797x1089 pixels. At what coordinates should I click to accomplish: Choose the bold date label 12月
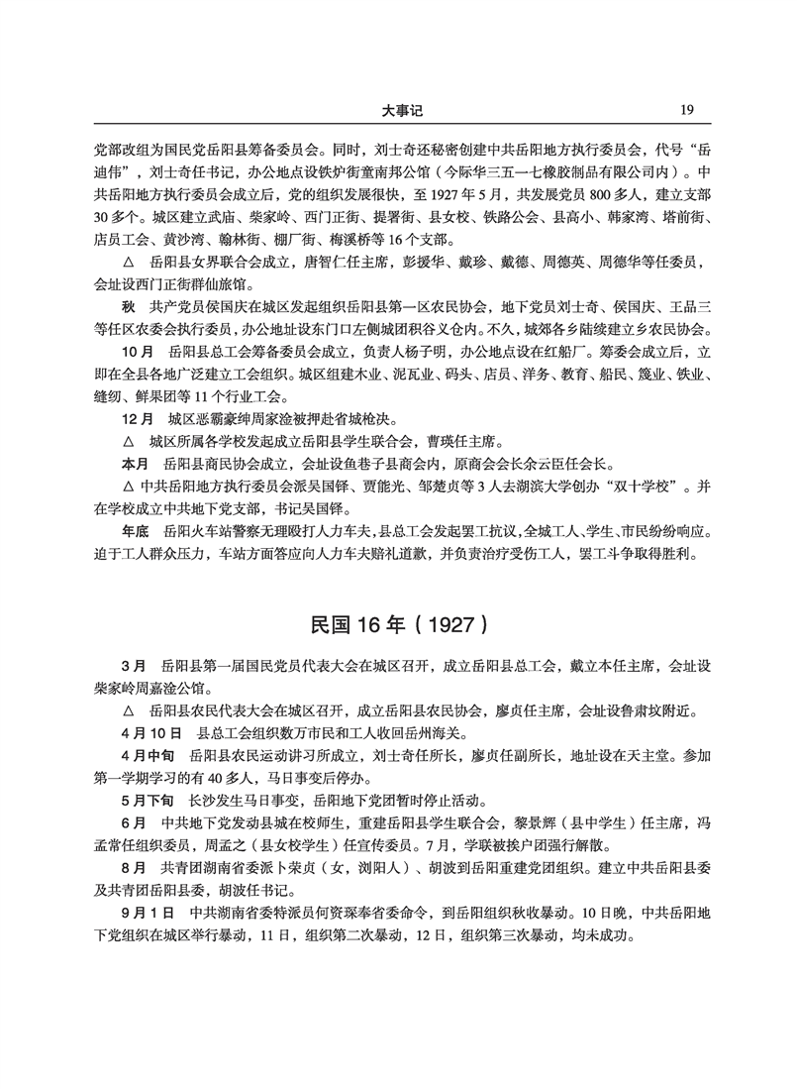point(135,419)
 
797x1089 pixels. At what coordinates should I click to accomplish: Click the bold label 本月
point(133,463)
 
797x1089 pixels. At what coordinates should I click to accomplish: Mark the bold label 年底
point(133,530)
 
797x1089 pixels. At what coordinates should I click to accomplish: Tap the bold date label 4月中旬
point(149,756)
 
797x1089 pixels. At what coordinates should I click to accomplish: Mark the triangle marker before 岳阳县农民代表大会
point(126,711)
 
